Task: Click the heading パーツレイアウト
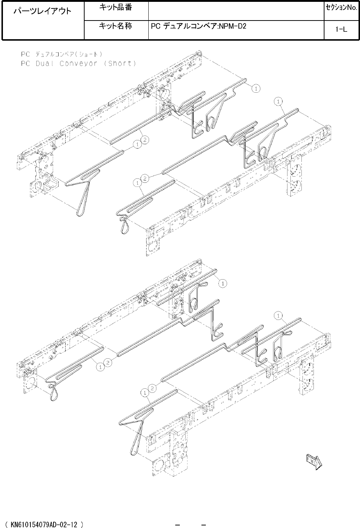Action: pyautogui.click(x=42, y=11)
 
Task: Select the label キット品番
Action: pyautogui.click(x=115, y=7)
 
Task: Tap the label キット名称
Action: pyautogui.click(x=115, y=26)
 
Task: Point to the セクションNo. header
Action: pyautogui.click(x=342, y=8)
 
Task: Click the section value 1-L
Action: pyautogui.click(x=341, y=29)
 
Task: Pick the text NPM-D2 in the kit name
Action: pyautogui.click(x=233, y=26)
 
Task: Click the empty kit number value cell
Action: pyautogui.click(x=236, y=11)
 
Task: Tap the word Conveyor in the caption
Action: pyautogui.click(x=78, y=63)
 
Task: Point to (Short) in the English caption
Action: pyautogui.click(x=120, y=63)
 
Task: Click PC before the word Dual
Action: pyautogui.click(x=25, y=63)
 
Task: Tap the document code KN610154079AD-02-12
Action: pyautogui.click(x=44, y=524)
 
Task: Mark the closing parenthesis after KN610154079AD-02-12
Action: pyautogui.click(x=82, y=525)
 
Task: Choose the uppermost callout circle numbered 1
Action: pyautogui.click(x=256, y=89)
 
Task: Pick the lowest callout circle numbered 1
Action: pyautogui.click(x=145, y=393)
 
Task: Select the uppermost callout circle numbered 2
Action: pyautogui.click(x=145, y=140)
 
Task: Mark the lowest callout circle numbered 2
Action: pyautogui.click(x=152, y=388)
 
